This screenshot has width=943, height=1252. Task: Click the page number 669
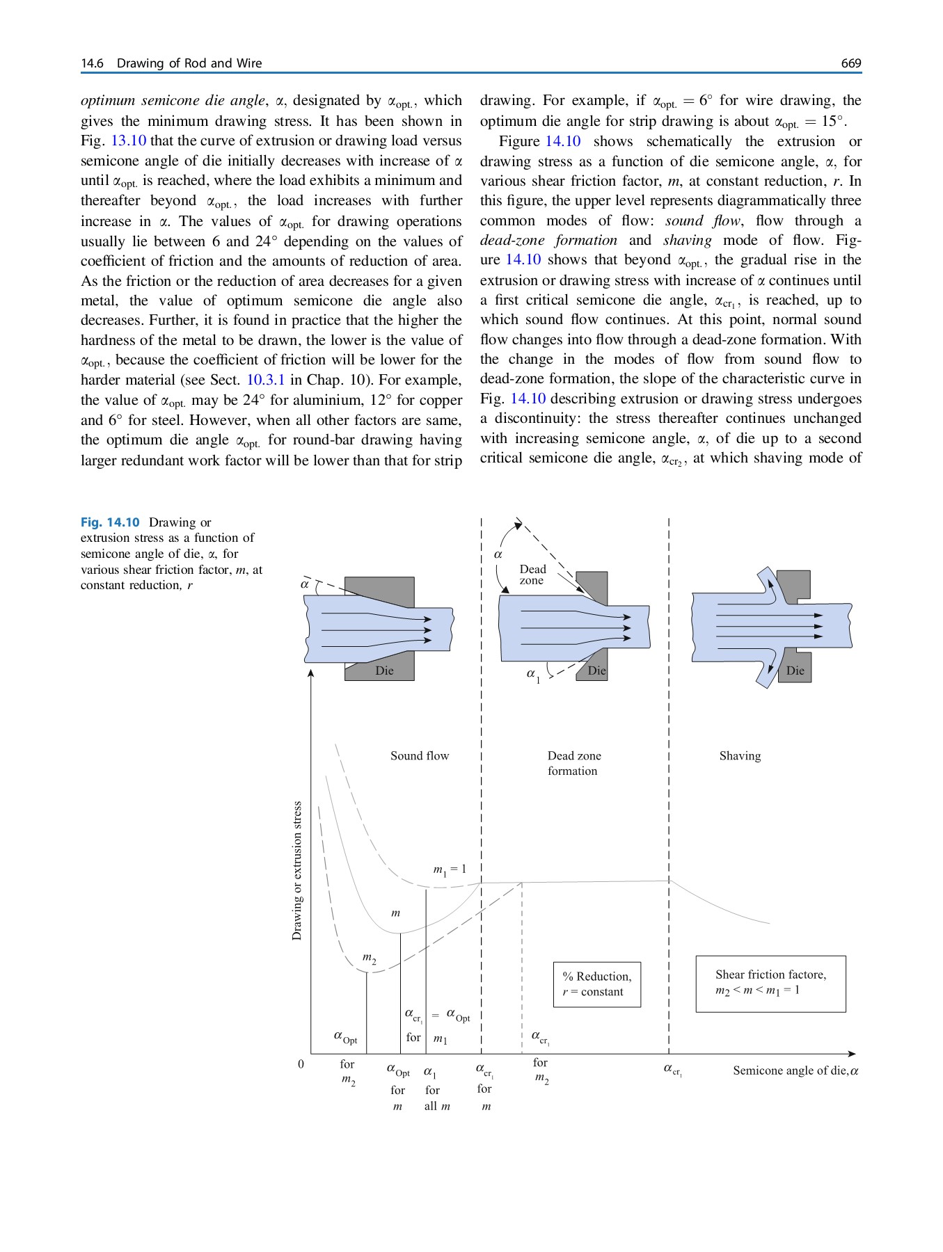coord(850,63)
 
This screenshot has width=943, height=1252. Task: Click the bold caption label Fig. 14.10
coord(110,522)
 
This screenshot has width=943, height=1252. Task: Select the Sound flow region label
coord(420,755)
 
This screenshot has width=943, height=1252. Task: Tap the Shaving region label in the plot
coord(740,755)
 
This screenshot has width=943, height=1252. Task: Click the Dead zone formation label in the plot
coord(573,763)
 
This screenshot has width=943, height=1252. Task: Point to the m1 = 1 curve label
coord(450,869)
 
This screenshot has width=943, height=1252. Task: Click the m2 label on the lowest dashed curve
coord(370,958)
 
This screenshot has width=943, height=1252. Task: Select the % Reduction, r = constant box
coord(596,984)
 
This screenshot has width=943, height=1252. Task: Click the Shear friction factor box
coord(770,983)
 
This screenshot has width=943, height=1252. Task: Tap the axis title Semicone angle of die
coord(795,1070)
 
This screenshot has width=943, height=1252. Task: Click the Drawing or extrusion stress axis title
coord(297,871)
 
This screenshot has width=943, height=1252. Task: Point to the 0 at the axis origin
coord(301,1064)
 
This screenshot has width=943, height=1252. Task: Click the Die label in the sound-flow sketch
coord(384,671)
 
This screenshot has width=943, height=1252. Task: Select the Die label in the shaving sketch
coord(795,671)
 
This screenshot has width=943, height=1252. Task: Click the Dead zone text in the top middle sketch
coord(532,575)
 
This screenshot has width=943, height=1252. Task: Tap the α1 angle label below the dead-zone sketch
coord(532,674)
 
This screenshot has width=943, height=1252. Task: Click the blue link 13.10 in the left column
coord(129,141)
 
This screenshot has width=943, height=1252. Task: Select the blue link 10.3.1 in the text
coord(266,380)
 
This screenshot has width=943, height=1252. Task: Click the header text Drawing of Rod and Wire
coord(189,63)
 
